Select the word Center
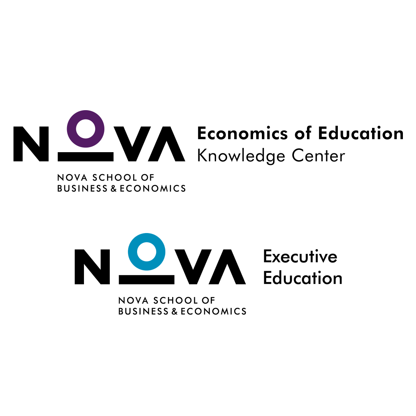(319, 156)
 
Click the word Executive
(300, 257)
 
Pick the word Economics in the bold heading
(243, 133)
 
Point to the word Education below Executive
(303, 278)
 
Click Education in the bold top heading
(361, 133)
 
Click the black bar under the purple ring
(86, 156)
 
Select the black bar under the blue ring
(146, 280)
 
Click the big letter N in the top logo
(31, 144)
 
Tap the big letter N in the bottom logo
(92, 267)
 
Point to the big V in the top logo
(132, 144)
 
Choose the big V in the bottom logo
(193, 267)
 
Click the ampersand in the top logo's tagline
(114, 188)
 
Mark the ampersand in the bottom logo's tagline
(174, 311)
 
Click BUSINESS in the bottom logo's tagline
(143, 311)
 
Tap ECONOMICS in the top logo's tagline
(153, 188)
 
